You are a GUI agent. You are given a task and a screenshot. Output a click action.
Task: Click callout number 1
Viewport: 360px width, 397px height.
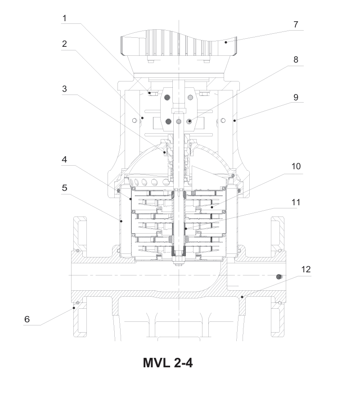click(64, 18)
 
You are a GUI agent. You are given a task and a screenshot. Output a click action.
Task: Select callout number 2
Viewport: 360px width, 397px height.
click(64, 44)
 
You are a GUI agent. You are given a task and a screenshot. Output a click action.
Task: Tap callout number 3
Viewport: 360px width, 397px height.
click(64, 89)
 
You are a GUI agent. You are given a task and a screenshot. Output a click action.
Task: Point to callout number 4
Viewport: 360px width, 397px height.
click(64, 160)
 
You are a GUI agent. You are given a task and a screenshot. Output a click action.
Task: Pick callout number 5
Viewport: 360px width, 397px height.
click(64, 188)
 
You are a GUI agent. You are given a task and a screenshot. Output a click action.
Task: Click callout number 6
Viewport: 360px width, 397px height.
click(27, 319)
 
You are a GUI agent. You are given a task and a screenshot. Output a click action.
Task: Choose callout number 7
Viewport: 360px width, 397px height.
click(296, 25)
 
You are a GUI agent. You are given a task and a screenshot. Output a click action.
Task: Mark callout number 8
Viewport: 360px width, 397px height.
click(296, 60)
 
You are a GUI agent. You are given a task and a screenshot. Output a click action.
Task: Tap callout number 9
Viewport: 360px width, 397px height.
click(296, 98)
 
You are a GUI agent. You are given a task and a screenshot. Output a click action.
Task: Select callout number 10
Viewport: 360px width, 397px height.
click(296, 167)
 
